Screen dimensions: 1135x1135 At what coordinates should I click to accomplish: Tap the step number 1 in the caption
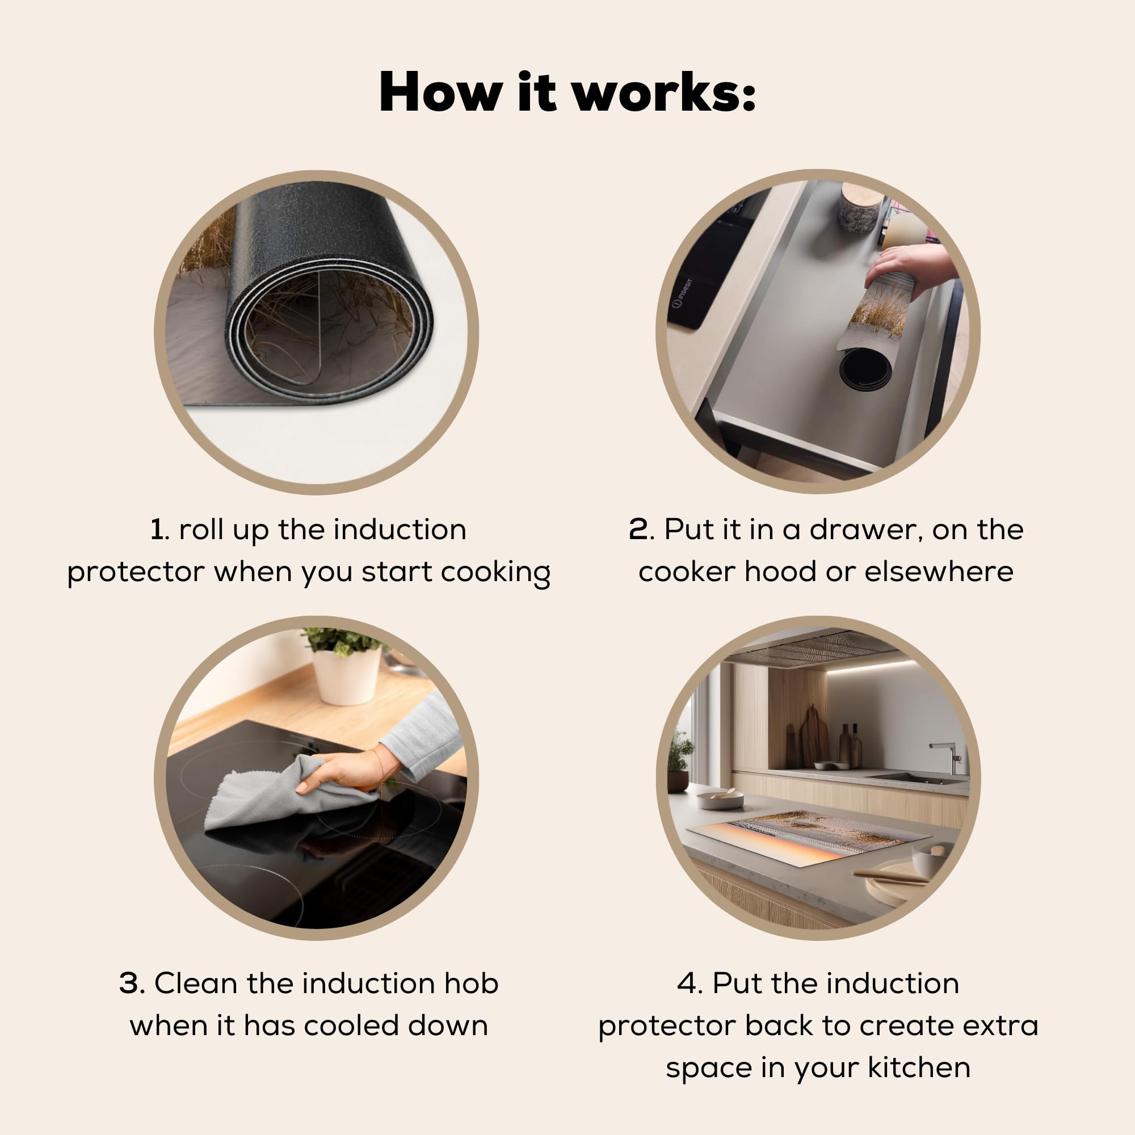[x=157, y=529]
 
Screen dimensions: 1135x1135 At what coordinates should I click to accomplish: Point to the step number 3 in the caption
[x=131, y=983]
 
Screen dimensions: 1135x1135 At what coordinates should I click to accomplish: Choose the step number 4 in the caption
[x=688, y=983]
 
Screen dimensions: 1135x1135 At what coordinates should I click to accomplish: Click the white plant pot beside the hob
[x=346, y=676]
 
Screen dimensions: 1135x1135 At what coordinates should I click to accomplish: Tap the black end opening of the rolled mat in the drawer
[x=865, y=369]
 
